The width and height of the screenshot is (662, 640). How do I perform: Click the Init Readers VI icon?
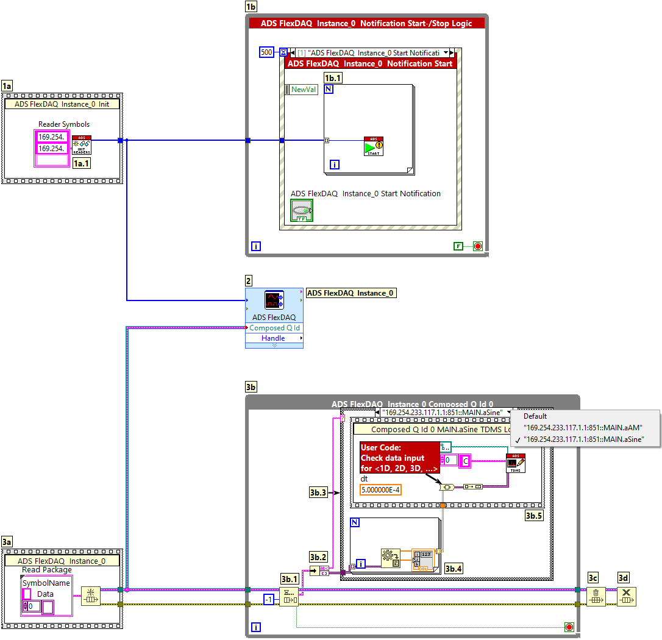(82, 145)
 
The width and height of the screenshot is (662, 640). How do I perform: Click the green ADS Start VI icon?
(374, 146)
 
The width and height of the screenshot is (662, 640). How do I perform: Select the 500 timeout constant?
(266, 52)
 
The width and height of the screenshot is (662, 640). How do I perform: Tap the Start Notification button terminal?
(301, 210)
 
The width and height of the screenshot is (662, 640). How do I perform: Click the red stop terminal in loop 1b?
(478, 246)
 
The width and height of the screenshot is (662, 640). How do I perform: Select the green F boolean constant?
(458, 246)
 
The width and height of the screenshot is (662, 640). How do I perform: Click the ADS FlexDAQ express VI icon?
(273, 300)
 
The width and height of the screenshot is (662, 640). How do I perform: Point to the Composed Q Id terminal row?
(274, 328)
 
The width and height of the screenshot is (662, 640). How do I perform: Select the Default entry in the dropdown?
(535, 416)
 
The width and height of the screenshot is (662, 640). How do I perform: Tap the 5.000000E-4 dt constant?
(381, 490)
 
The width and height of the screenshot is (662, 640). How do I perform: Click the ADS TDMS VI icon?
(516, 463)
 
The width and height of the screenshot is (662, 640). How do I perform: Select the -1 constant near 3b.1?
(269, 600)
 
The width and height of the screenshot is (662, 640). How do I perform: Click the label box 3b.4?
(454, 569)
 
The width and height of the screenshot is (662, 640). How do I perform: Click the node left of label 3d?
(596, 596)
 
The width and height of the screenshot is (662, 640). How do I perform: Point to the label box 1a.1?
(82, 163)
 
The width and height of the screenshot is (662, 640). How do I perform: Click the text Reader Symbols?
(64, 124)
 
